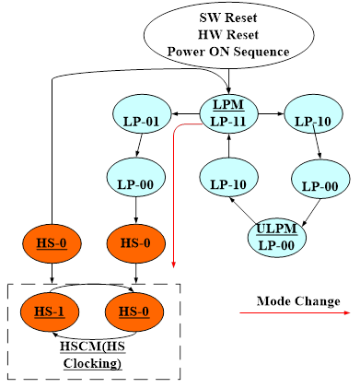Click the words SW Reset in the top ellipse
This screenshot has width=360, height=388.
(x=229, y=18)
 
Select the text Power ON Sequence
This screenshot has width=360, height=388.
(x=229, y=51)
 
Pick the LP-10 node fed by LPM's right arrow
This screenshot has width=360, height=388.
(x=313, y=120)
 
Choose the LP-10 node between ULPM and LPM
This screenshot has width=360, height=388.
(x=229, y=183)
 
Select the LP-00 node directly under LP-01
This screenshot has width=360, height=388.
(x=136, y=183)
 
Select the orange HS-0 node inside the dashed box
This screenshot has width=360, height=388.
(x=136, y=312)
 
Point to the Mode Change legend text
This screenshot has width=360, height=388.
(x=298, y=301)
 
